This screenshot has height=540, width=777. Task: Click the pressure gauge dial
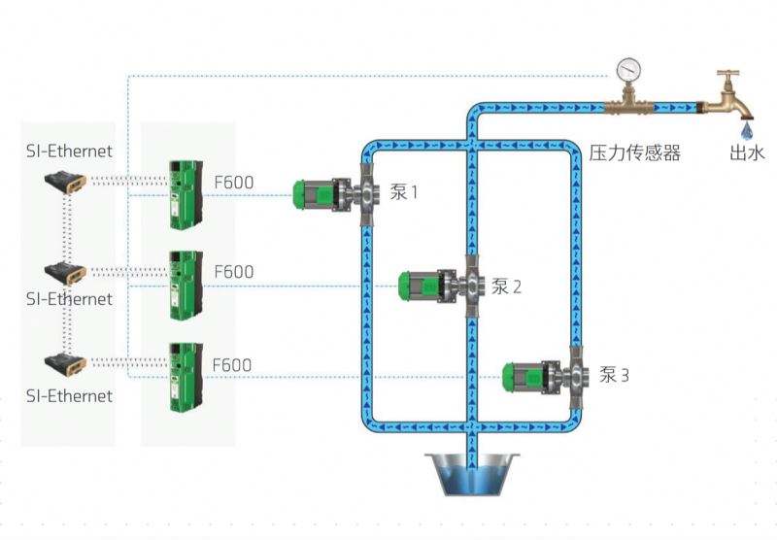click(x=628, y=70)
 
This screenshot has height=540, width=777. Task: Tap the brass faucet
click(x=726, y=101)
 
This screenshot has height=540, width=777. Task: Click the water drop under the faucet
click(x=747, y=131)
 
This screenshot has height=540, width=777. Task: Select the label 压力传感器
click(x=635, y=153)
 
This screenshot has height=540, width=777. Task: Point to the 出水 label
click(x=747, y=153)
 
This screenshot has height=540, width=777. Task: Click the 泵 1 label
click(x=404, y=191)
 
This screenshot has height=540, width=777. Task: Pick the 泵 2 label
click(x=506, y=287)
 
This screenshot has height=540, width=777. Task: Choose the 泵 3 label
click(x=614, y=375)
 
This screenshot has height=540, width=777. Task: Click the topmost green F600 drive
click(x=186, y=194)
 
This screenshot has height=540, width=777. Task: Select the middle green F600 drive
click(x=186, y=286)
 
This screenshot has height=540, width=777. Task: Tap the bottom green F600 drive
click(x=186, y=377)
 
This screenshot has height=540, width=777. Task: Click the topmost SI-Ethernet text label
click(x=69, y=152)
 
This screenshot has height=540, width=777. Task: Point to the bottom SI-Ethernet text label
click(x=69, y=396)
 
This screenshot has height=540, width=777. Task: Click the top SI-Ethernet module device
click(x=65, y=182)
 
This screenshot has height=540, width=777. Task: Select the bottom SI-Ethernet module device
click(x=65, y=364)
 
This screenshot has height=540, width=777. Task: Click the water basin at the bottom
click(x=472, y=474)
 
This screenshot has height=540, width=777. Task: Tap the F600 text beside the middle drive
click(x=234, y=272)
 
